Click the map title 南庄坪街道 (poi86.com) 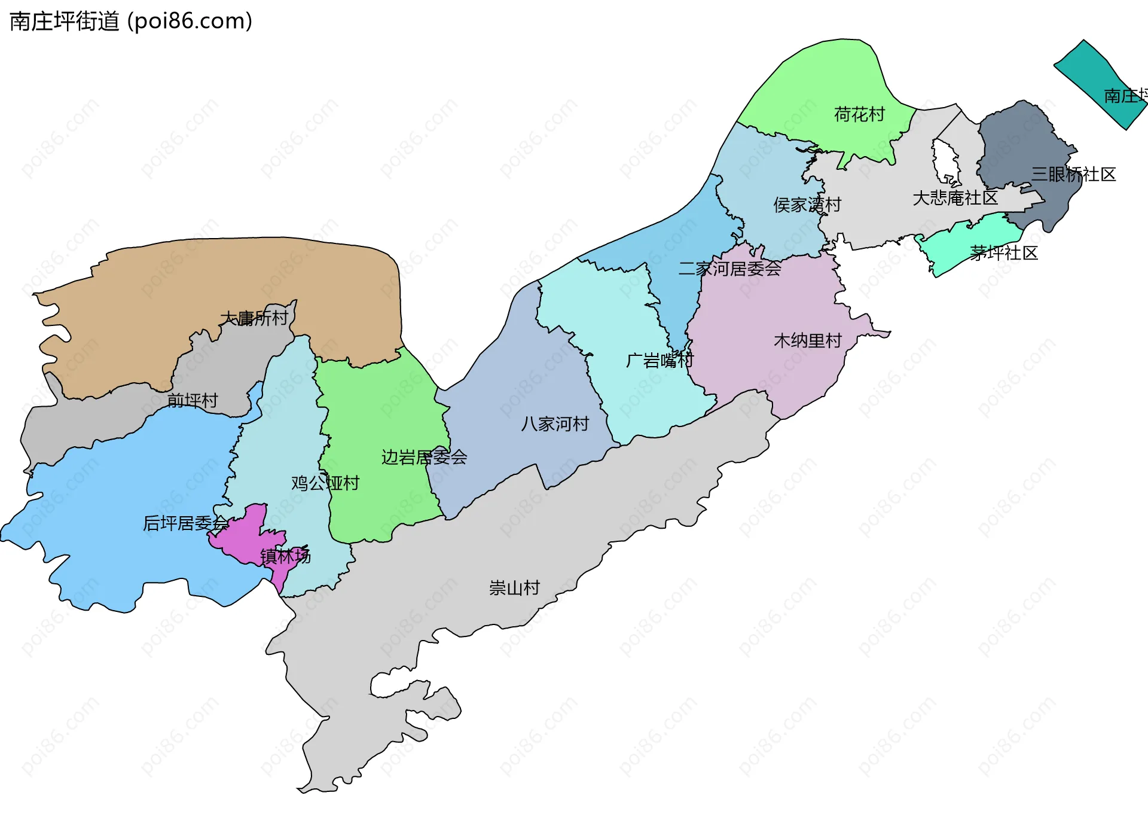click(131, 22)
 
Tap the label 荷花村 click(859, 114)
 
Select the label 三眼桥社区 click(1073, 175)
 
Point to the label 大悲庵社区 click(955, 198)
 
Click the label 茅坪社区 click(1003, 253)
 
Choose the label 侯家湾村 click(807, 205)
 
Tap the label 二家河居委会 click(729, 269)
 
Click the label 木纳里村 click(807, 341)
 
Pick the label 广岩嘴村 click(660, 361)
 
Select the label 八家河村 click(555, 424)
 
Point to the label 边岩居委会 click(424, 458)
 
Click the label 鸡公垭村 click(325, 483)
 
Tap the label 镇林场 click(285, 557)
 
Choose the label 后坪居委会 click(185, 524)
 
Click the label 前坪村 click(193, 401)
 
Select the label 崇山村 click(514, 588)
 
